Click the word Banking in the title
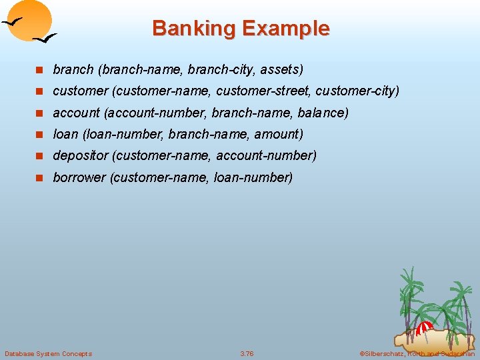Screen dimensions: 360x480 (x=193, y=29)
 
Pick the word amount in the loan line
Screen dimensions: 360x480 (x=281, y=134)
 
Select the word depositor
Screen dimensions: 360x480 (x=81, y=155)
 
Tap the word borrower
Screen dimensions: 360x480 (x=79, y=177)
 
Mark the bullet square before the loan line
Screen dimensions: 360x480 (x=40, y=135)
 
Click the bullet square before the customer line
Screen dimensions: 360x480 (x=40, y=91)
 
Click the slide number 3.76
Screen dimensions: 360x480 (x=247, y=353)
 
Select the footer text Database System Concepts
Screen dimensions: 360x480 (x=48, y=353)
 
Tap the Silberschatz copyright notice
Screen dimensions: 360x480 (x=417, y=353)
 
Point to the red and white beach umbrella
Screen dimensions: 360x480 (x=424, y=328)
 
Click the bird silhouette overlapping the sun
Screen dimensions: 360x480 (x=15, y=21)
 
